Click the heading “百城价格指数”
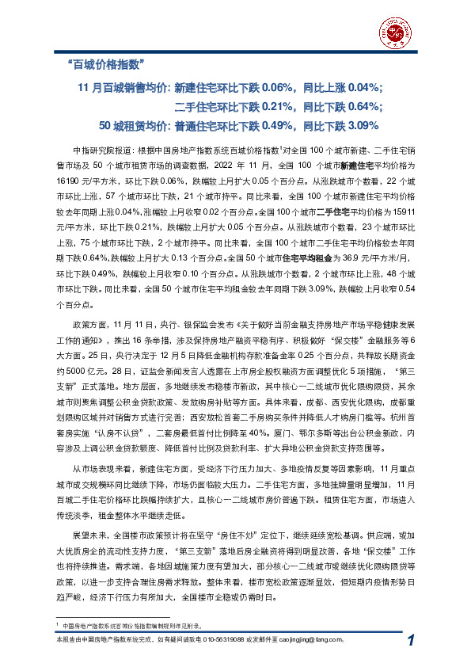point(108,64)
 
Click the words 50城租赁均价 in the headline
point(135,125)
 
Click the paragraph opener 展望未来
point(89,536)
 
